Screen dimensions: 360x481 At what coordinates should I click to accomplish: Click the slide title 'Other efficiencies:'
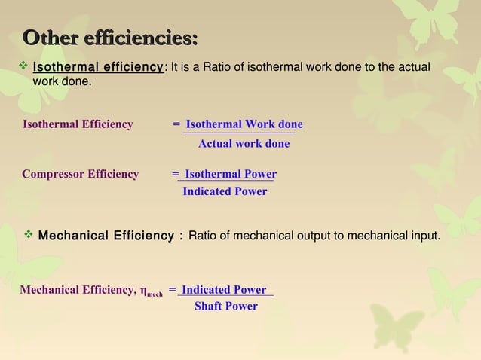click(110, 37)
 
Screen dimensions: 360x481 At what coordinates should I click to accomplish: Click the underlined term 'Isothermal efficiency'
click(98, 68)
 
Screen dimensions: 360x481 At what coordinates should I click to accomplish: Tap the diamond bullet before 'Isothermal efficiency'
click(23, 68)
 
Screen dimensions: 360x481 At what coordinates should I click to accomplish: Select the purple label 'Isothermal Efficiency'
click(78, 124)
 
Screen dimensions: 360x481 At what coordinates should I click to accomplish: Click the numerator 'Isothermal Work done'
click(244, 124)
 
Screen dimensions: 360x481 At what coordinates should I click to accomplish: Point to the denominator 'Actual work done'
click(244, 144)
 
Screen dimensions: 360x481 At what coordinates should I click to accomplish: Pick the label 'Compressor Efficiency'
click(80, 174)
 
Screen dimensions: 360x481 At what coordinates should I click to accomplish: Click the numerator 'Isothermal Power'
click(231, 174)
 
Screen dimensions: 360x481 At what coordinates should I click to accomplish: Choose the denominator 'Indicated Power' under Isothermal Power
click(225, 191)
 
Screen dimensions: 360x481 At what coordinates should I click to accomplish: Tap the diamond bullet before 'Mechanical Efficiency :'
click(29, 236)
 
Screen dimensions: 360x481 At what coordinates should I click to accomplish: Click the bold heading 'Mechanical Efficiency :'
click(110, 236)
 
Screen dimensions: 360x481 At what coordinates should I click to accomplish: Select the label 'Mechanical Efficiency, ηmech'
click(90, 290)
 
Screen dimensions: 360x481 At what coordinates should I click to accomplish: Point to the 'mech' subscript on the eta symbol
click(155, 293)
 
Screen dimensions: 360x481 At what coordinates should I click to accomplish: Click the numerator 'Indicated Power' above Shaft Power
click(224, 290)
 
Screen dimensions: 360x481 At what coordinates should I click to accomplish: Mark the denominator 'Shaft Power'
click(226, 306)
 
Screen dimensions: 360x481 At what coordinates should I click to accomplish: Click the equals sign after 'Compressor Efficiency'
click(176, 174)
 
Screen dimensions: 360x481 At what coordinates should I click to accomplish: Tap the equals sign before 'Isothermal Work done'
click(176, 124)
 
